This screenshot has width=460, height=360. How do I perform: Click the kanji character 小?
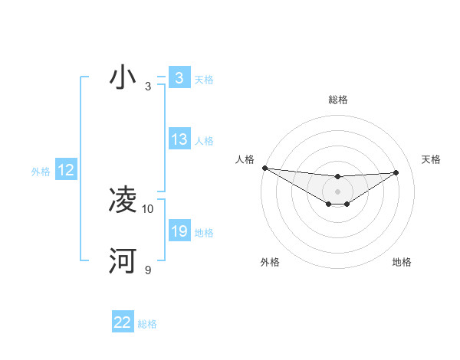pyautogui.click(x=123, y=78)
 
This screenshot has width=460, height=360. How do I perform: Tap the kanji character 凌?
pyautogui.click(x=123, y=200)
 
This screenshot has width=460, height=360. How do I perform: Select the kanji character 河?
pyautogui.click(x=123, y=261)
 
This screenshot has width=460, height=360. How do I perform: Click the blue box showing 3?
pyautogui.click(x=179, y=78)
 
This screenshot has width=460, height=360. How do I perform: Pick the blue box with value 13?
pyautogui.click(x=179, y=139)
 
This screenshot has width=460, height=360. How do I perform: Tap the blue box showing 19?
pyautogui.click(x=179, y=231)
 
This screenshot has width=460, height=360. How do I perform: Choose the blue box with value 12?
pyautogui.click(x=65, y=170)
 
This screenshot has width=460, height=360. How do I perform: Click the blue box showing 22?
pyautogui.click(x=123, y=322)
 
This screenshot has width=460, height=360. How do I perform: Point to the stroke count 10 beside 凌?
pyautogui.click(x=148, y=208)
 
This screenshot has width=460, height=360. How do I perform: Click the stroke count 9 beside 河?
pyautogui.click(x=148, y=270)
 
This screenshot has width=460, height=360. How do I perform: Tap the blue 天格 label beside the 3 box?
pyautogui.click(x=204, y=79)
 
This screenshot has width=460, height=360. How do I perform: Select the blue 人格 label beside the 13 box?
pyautogui.click(x=204, y=140)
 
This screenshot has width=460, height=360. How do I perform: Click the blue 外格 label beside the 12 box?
pyautogui.click(x=41, y=172)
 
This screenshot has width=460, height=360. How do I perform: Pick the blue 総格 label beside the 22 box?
pyautogui.click(x=147, y=324)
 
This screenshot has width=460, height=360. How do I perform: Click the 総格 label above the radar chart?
pyautogui.click(x=337, y=100)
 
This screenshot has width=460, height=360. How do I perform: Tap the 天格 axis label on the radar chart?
pyautogui.click(x=431, y=159)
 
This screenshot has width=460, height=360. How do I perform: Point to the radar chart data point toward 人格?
pyautogui.click(x=264, y=168)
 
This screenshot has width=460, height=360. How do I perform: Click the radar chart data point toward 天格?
pyautogui.click(x=396, y=172)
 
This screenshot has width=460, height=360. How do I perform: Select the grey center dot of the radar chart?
pyautogui.click(x=337, y=191)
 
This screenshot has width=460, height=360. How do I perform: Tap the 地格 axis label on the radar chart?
pyautogui.click(x=402, y=262)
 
